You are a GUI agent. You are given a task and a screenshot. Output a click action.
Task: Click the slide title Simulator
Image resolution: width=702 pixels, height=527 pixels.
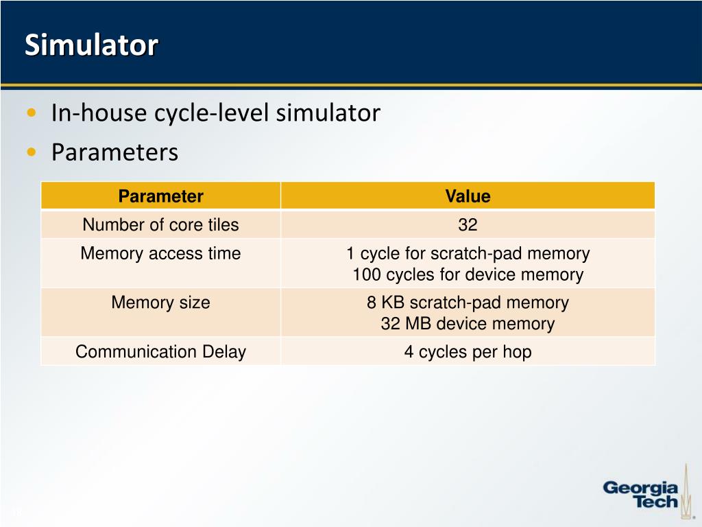click(91, 45)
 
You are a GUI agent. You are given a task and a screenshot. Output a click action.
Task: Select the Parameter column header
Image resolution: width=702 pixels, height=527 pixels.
click(160, 196)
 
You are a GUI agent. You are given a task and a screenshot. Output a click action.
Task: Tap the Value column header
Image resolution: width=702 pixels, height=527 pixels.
click(468, 196)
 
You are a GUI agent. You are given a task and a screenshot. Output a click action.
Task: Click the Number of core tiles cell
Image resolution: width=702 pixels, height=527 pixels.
click(160, 224)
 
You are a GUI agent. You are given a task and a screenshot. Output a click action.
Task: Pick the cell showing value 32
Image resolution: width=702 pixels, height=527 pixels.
click(468, 224)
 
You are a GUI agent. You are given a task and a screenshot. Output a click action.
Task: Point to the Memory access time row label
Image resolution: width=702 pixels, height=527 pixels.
click(160, 253)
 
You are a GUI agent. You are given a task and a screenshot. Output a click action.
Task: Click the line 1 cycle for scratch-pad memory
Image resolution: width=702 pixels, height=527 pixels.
click(468, 253)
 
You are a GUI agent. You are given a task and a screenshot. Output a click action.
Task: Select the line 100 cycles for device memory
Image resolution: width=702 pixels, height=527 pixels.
click(468, 275)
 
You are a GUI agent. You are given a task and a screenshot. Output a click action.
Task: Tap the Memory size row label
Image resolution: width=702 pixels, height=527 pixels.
click(160, 302)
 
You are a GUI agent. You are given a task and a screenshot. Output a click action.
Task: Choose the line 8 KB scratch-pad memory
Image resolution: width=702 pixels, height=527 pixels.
click(468, 302)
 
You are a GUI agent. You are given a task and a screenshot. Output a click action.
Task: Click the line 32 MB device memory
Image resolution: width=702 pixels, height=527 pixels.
click(468, 324)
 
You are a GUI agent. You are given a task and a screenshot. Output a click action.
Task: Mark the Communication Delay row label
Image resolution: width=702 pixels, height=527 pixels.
click(160, 352)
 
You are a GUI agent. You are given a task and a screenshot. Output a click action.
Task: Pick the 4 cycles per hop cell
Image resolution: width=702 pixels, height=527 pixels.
click(468, 352)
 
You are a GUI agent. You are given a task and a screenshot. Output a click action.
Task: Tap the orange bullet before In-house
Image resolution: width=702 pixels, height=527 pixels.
click(32, 113)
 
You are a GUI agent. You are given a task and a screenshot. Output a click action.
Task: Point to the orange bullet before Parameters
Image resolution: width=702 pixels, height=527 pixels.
click(32, 152)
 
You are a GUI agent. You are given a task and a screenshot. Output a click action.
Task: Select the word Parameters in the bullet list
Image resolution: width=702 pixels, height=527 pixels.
click(114, 152)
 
